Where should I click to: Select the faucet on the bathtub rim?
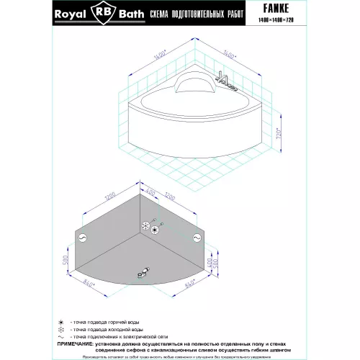[226, 85]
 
